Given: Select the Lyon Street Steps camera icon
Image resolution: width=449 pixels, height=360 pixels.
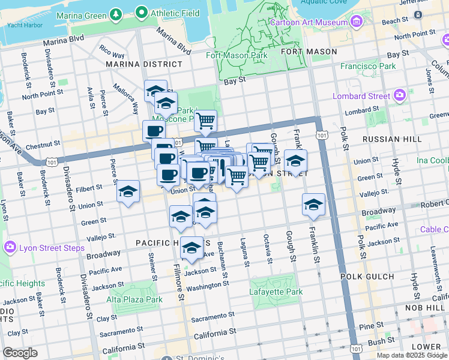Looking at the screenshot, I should point(10,247).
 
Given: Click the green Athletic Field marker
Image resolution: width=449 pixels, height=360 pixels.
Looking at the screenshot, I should point(142,11).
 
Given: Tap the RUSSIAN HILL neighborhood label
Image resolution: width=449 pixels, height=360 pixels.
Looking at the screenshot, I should point(388,139).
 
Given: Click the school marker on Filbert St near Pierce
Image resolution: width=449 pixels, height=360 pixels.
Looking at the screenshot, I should point(128,192).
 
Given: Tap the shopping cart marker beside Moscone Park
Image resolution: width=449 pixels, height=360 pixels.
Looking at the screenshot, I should point(206,121).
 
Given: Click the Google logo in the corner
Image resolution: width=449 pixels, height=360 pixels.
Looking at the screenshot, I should point(20,353).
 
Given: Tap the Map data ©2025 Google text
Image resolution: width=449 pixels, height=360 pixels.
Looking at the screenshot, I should point(411,355).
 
